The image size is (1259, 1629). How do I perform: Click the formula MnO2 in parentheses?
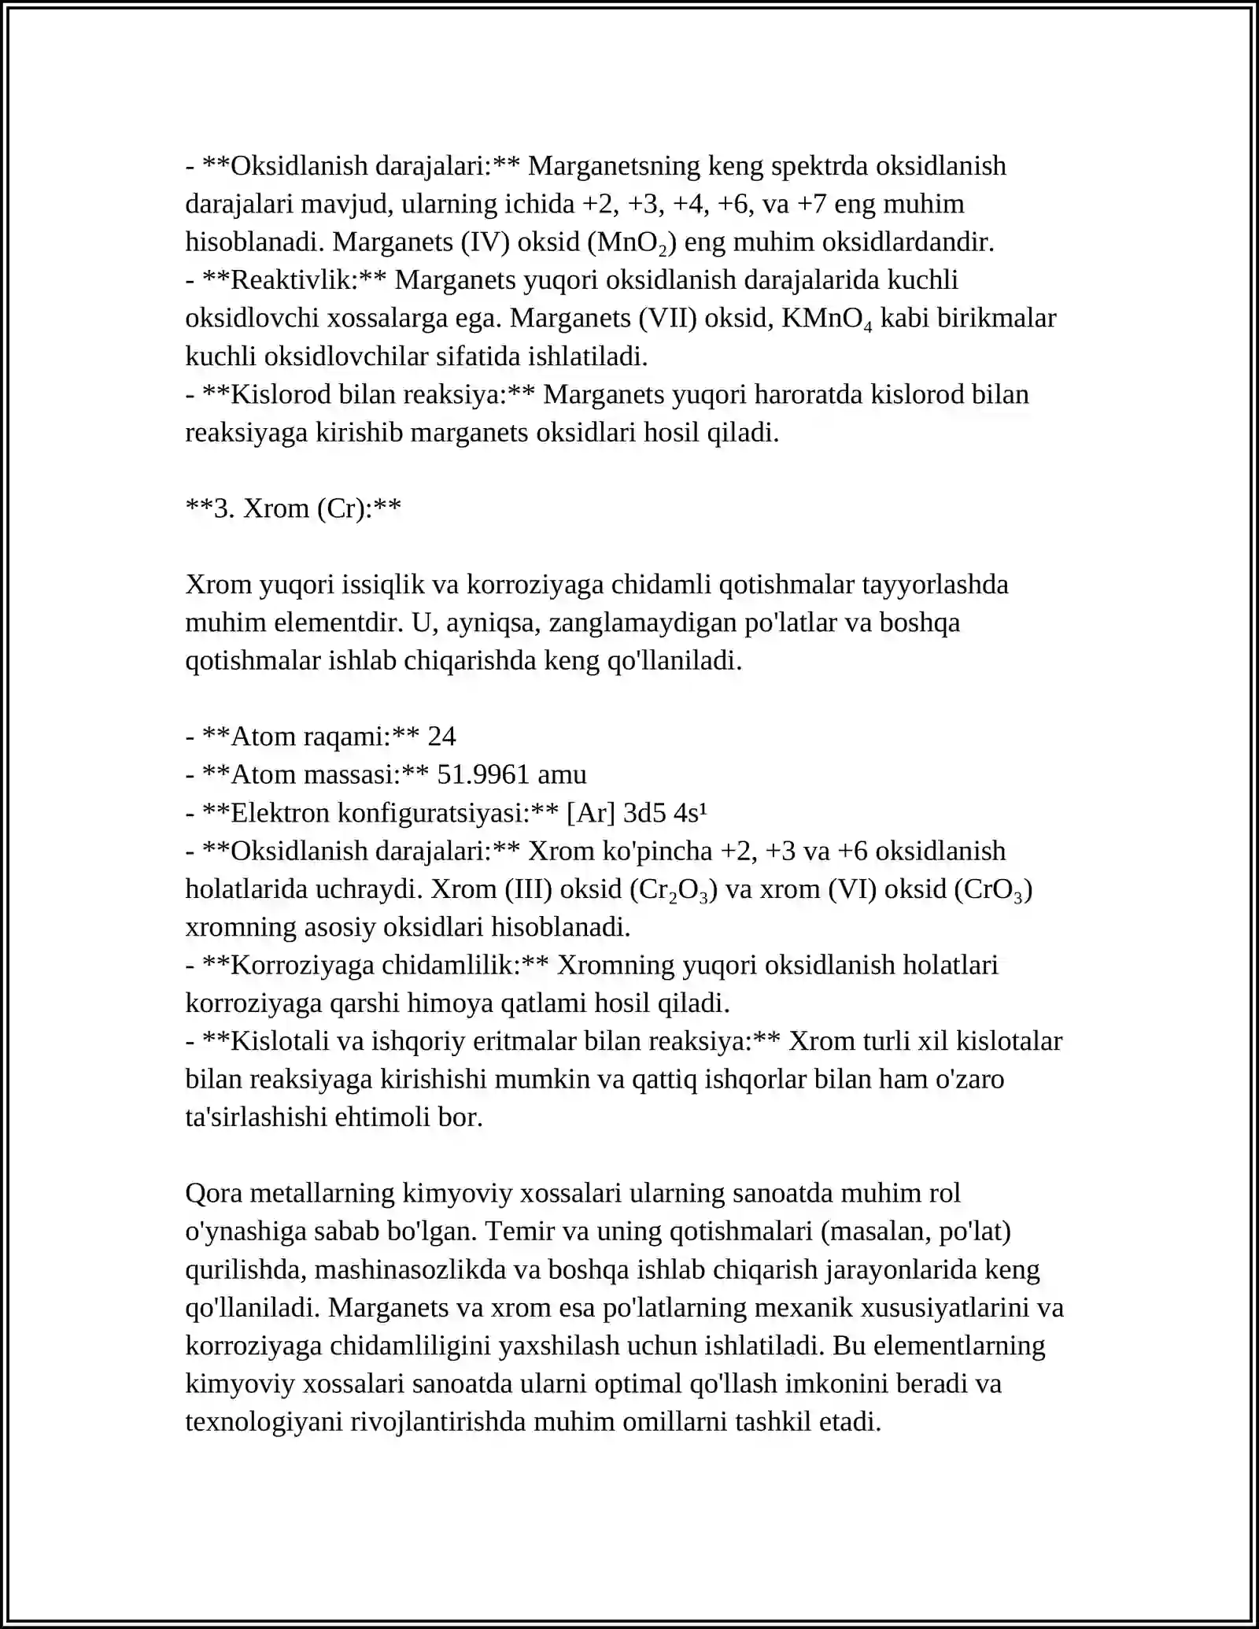(x=632, y=242)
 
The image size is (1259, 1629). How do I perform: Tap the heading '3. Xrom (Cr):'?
(x=294, y=508)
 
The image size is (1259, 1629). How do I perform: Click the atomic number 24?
(x=441, y=737)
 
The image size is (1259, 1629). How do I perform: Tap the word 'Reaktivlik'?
(x=294, y=280)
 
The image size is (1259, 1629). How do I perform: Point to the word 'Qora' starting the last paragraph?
(x=214, y=1193)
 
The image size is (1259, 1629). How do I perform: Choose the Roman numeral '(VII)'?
(x=667, y=319)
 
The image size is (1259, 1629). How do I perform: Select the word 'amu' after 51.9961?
(x=562, y=774)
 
